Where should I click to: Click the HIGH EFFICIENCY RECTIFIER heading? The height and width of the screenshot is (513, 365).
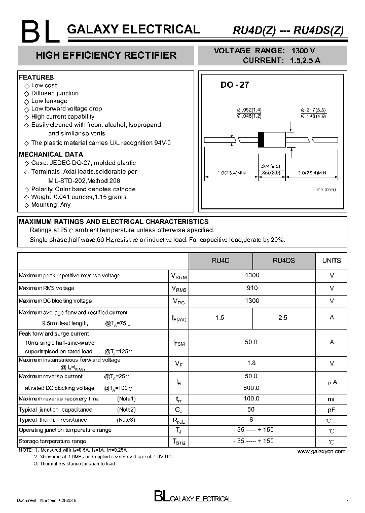[x=106, y=55]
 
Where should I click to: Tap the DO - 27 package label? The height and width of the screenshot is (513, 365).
[x=234, y=85]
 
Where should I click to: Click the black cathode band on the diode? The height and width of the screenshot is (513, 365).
[x=261, y=139]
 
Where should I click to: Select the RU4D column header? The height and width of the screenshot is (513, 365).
[x=221, y=261]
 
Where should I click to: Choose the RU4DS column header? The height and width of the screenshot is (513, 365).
[x=283, y=261]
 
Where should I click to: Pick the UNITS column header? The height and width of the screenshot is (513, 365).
[x=332, y=261]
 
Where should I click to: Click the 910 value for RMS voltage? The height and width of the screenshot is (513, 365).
[x=252, y=288]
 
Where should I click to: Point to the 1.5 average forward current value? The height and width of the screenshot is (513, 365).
[x=220, y=318]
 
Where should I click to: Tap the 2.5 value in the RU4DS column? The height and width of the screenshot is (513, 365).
[x=283, y=318]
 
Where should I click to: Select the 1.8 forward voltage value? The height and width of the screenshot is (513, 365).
[x=251, y=363]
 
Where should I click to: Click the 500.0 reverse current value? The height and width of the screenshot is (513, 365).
[x=251, y=388]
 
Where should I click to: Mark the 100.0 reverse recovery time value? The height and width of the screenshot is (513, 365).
[x=251, y=399]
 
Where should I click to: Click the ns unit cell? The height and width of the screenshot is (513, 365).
[x=332, y=399]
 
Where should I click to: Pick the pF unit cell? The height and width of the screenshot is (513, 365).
[x=332, y=410]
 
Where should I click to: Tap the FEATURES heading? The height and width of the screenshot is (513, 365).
[x=36, y=78]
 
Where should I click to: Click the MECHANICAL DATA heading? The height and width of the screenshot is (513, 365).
[x=51, y=155]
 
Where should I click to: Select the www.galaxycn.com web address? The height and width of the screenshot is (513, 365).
[x=321, y=451]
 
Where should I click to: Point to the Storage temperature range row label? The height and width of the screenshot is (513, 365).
[x=52, y=442]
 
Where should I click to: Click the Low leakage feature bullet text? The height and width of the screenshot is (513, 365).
[x=49, y=101]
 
